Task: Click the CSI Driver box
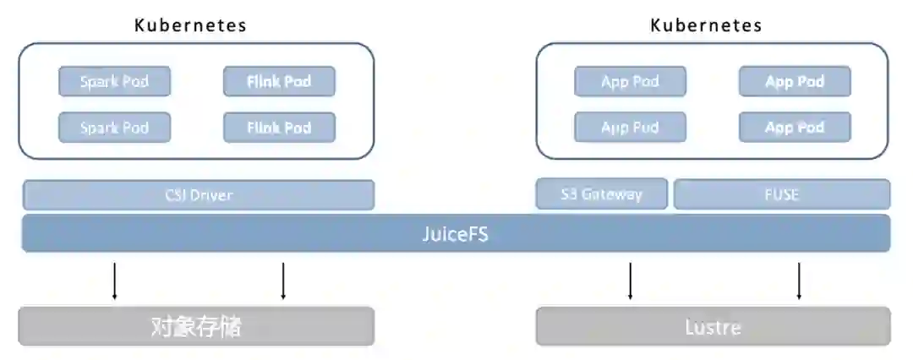tap(198, 195)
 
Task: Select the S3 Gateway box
tap(601, 194)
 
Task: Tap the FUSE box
tap(781, 194)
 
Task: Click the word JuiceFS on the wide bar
tap(455, 234)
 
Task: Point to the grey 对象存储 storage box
tap(196, 326)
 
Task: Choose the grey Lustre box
tap(713, 326)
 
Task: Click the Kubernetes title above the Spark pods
tap(190, 25)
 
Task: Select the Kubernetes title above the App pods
tap(706, 25)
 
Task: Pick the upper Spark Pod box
tap(114, 82)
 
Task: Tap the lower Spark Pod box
tap(114, 128)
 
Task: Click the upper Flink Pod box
tap(279, 82)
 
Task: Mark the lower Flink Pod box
tap(279, 128)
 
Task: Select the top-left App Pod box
tap(630, 82)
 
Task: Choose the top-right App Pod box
tap(795, 82)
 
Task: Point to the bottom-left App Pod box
tap(630, 128)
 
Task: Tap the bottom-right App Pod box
tap(795, 128)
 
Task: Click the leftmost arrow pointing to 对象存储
tap(114, 281)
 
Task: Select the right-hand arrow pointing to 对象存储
tap(283, 281)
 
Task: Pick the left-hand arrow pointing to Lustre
tap(630, 281)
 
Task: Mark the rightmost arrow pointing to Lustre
tap(799, 281)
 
